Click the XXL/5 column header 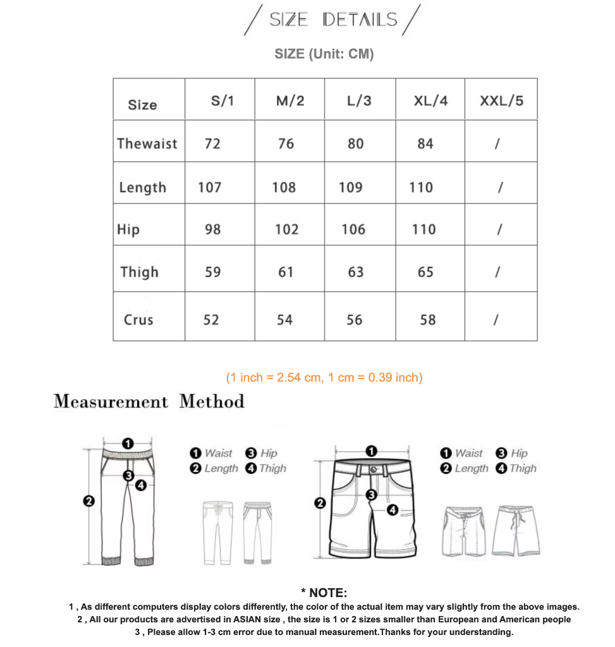(501, 100)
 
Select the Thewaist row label (147, 143)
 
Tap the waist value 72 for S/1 (212, 143)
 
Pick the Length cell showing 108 (284, 187)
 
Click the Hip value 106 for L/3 (353, 229)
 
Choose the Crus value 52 (211, 320)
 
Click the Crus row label (138, 320)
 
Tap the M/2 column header (290, 100)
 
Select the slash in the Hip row (499, 229)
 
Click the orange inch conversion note (324, 377)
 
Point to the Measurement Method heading (149, 401)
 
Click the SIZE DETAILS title (333, 20)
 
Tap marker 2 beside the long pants (89, 501)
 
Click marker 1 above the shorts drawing (371, 450)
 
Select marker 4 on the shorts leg (392, 510)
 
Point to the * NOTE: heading (324, 593)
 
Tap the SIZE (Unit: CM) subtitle (324, 54)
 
